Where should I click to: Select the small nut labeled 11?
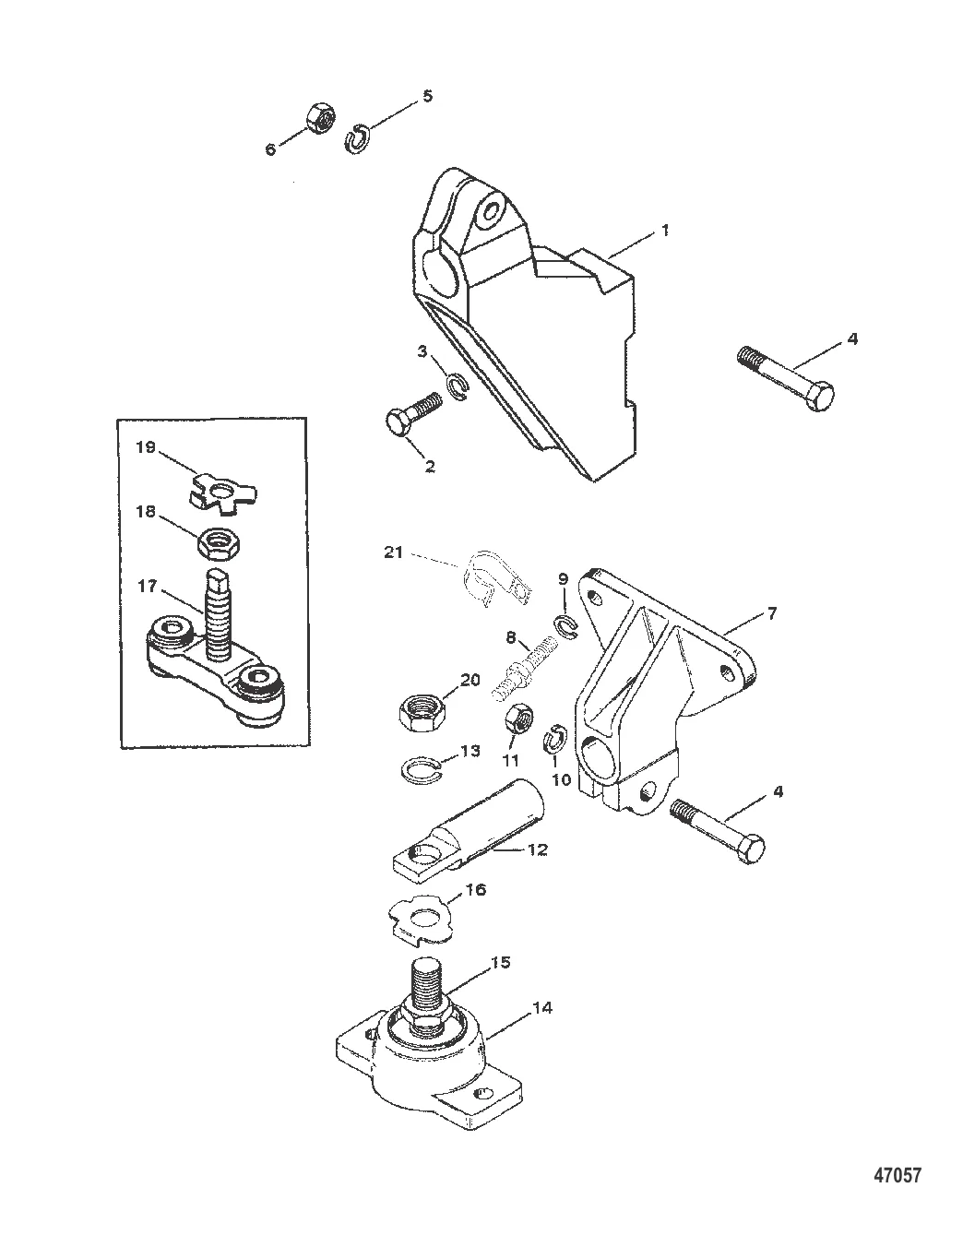pos(517,719)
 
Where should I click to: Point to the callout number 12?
pos(538,849)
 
